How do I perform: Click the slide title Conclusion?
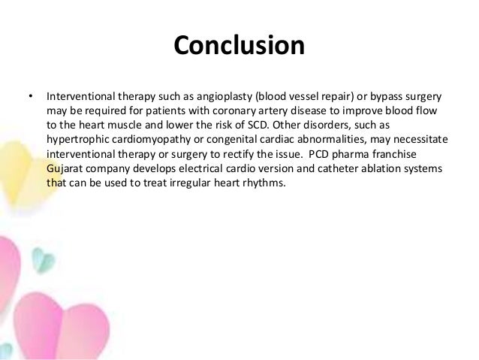click(x=239, y=46)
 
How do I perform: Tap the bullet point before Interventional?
click(x=31, y=97)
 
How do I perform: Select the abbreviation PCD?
click(x=326, y=153)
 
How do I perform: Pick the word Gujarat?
click(x=65, y=168)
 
